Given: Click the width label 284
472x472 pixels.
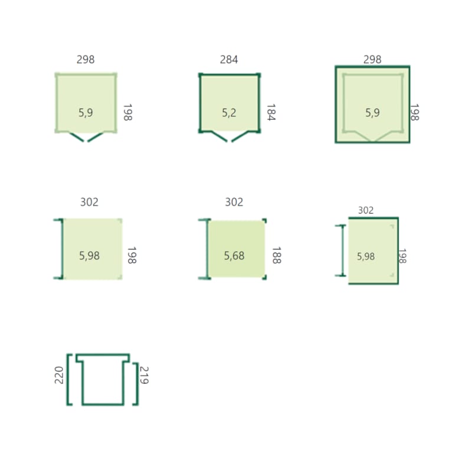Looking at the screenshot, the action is pos(229,60).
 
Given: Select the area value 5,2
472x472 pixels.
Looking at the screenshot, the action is pos(229,113).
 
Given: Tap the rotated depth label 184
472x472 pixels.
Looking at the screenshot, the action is pos(271,112).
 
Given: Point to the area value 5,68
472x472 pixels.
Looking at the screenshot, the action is pos(234,256).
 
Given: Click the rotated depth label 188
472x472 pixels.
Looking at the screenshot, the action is pos(277,255).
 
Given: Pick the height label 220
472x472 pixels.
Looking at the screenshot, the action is pos(58,375).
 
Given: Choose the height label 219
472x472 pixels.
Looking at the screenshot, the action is pos(144,375).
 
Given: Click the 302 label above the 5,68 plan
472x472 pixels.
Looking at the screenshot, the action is pos(234,202).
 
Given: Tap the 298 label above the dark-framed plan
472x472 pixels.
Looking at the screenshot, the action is pos(372,60).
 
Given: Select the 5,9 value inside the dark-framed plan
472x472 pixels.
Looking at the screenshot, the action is pos(373,113).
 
